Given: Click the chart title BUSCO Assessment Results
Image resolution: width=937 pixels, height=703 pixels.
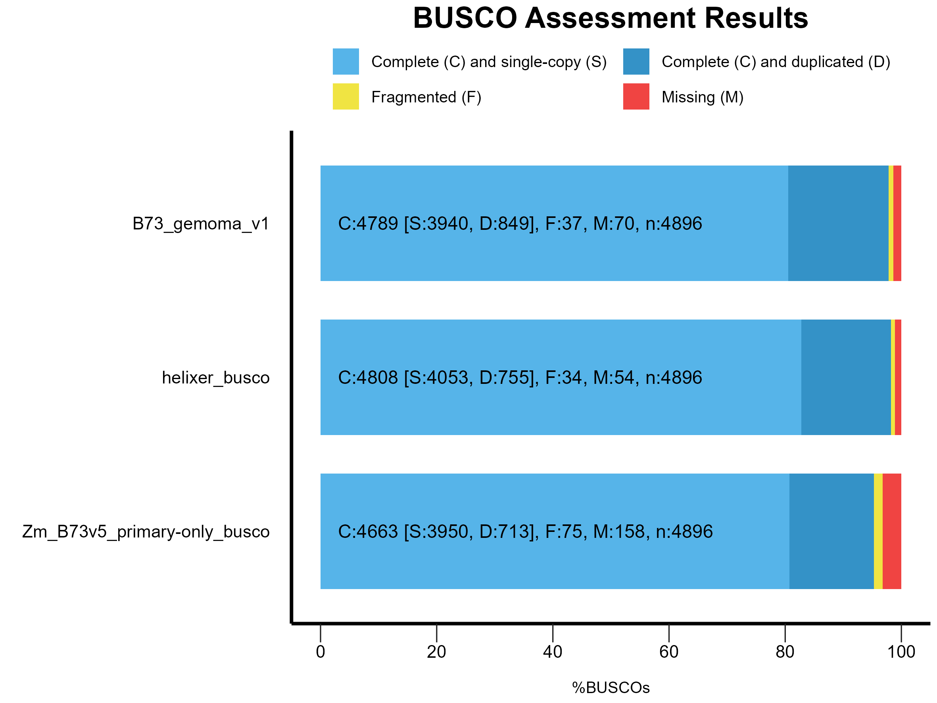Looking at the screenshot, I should coord(611,18).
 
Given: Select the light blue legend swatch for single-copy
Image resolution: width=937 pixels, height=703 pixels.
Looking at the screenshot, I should coord(346,62).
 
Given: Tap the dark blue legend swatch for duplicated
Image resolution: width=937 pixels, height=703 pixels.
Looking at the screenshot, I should coord(636,62).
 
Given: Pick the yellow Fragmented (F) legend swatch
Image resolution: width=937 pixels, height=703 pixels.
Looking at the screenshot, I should coord(346,96).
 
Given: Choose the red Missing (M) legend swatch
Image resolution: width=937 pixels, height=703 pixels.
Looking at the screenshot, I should coord(636,96).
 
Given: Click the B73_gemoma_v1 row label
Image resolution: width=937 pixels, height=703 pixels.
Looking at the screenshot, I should coord(201,224).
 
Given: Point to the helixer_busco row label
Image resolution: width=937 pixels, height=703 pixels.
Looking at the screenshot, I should coord(216,378).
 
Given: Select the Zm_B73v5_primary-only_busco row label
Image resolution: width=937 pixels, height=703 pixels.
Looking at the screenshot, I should coord(146,532).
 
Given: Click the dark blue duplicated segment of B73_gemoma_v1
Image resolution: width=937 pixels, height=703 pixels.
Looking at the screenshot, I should coord(838,223).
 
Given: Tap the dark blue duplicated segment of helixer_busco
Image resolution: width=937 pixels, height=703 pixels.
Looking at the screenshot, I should coord(846,377).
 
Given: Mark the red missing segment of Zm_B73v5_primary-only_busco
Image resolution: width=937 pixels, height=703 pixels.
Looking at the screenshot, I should coord(892,532).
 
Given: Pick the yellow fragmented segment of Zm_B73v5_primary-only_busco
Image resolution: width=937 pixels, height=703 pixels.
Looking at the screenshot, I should coord(878,532).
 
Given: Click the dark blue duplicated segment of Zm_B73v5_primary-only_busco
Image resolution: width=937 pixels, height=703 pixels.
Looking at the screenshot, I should coord(831,532).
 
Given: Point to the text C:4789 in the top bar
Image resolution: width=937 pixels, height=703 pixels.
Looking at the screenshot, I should coord(368,224).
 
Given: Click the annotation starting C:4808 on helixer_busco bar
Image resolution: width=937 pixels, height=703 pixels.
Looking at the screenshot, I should coord(520,378).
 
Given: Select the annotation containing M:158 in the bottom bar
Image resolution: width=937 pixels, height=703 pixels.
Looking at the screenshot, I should coord(525,532).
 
